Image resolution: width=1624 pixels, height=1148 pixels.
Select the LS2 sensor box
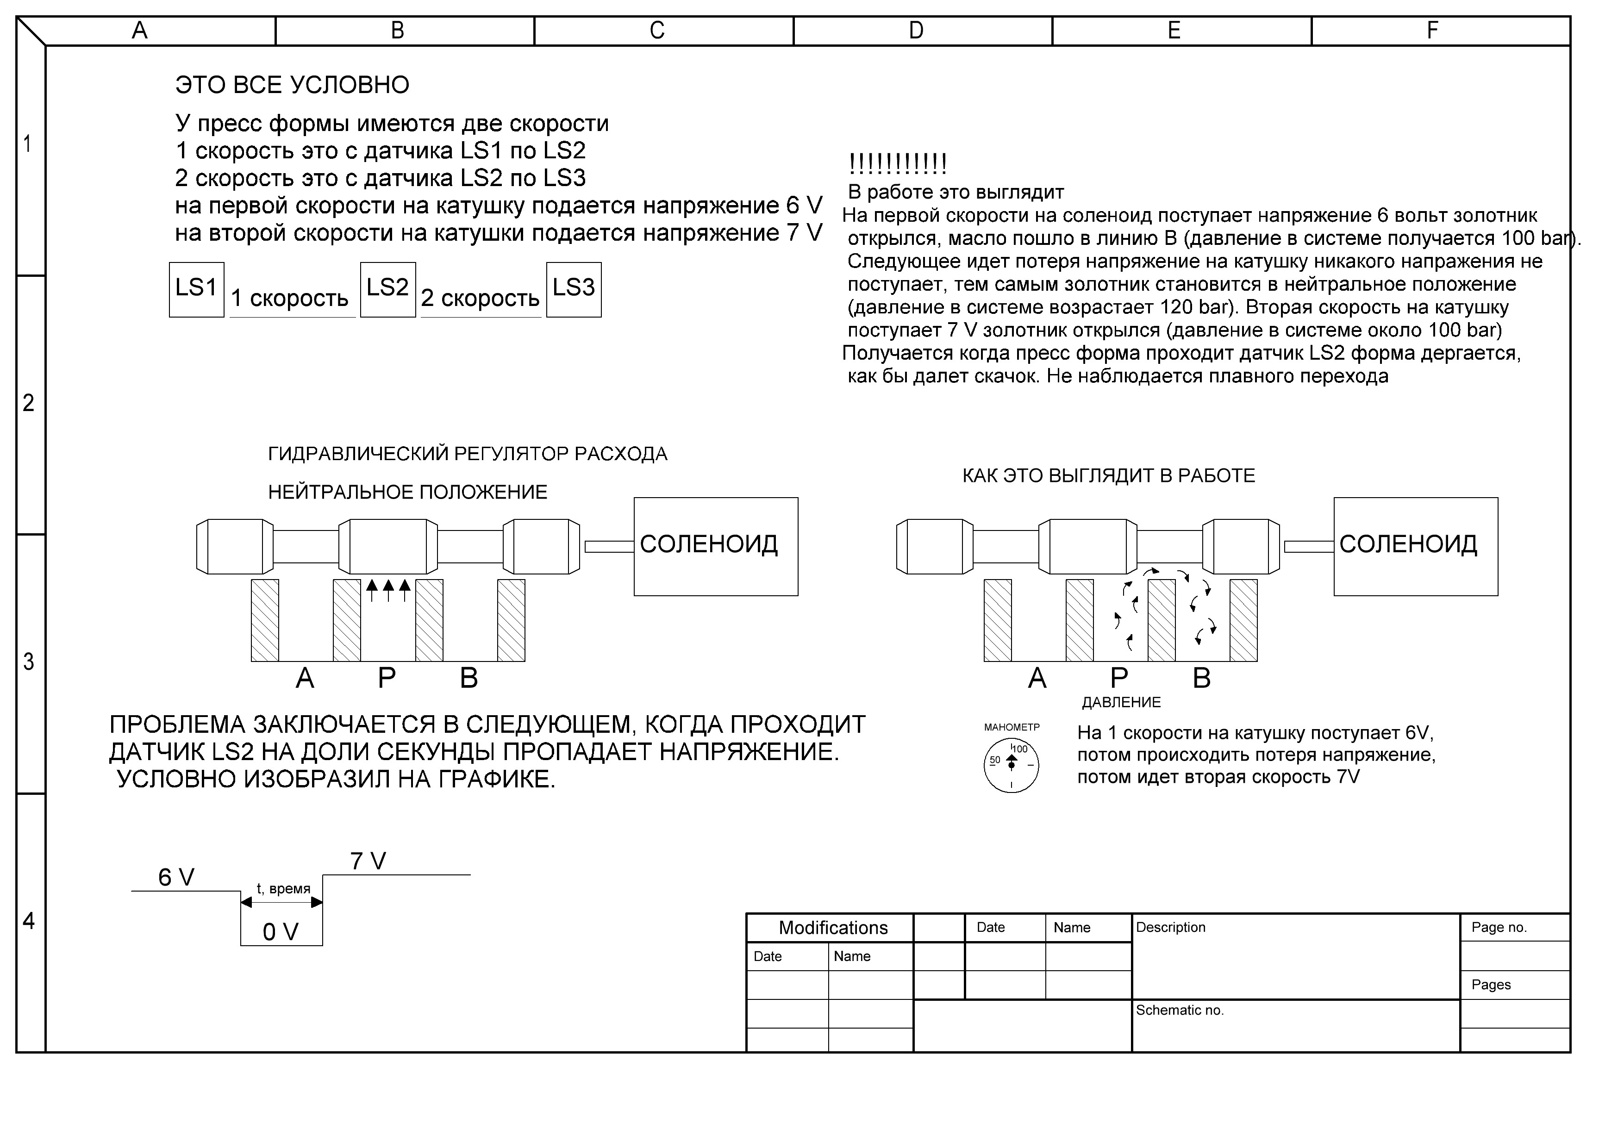click(x=387, y=289)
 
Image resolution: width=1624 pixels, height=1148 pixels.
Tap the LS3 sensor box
click(x=574, y=289)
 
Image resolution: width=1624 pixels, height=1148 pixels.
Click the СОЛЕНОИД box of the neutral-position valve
click(x=715, y=546)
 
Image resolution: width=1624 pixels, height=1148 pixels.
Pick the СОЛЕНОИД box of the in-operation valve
click(x=1415, y=546)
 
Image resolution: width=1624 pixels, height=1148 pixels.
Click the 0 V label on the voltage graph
click(x=281, y=932)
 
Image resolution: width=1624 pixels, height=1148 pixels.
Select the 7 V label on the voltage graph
click(x=368, y=861)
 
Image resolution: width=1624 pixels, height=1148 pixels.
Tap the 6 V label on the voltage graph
click(x=176, y=878)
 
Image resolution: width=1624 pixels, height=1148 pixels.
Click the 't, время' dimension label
click(x=283, y=888)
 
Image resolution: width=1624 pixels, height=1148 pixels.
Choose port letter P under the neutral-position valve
click(x=386, y=678)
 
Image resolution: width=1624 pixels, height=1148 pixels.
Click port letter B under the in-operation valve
click(x=1202, y=678)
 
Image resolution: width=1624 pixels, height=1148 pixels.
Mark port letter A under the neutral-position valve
click(x=305, y=678)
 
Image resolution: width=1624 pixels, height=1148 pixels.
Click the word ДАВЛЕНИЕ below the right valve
click(x=1121, y=702)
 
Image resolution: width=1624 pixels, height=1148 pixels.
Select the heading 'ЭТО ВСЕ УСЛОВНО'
click(x=292, y=85)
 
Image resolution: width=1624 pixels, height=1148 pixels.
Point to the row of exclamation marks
click(x=898, y=164)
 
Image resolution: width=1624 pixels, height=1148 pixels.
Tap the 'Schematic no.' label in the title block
click(x=1179, y=1010)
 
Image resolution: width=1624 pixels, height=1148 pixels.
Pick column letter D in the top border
click(x=916, y=31)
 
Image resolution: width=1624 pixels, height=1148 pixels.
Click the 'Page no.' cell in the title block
click(x=1499, y=927)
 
